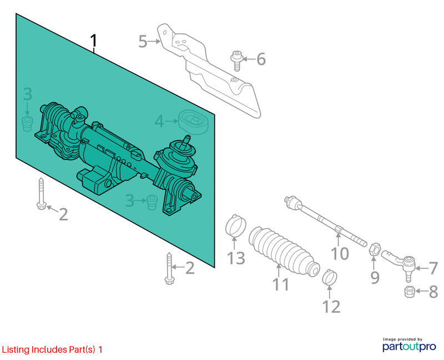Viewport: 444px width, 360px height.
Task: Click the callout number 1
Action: point(94,41)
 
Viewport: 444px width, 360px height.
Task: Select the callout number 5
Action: point(143,42)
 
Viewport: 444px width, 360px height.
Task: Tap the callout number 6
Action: point(261,59)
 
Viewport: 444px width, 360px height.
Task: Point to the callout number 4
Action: point(159,121)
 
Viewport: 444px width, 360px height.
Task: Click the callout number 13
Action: point(236,258)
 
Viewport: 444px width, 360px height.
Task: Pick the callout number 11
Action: point(281,284)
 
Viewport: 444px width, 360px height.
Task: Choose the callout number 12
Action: point(331,307)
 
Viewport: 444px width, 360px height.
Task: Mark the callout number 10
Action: point(340,253)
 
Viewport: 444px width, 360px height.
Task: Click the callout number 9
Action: point(375,277)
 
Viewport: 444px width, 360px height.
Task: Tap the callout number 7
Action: point(433,268)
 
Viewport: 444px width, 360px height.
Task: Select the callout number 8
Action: point(433,292)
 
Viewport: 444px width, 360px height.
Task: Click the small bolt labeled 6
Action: point(237,60)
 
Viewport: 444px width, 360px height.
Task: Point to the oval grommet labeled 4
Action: point(193,122)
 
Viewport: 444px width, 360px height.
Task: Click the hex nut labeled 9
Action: point(374,249)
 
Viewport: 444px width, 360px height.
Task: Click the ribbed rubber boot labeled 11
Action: point(284,251)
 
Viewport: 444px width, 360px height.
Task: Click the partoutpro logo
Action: point(409,344)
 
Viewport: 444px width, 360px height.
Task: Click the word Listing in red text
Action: point(16,349)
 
